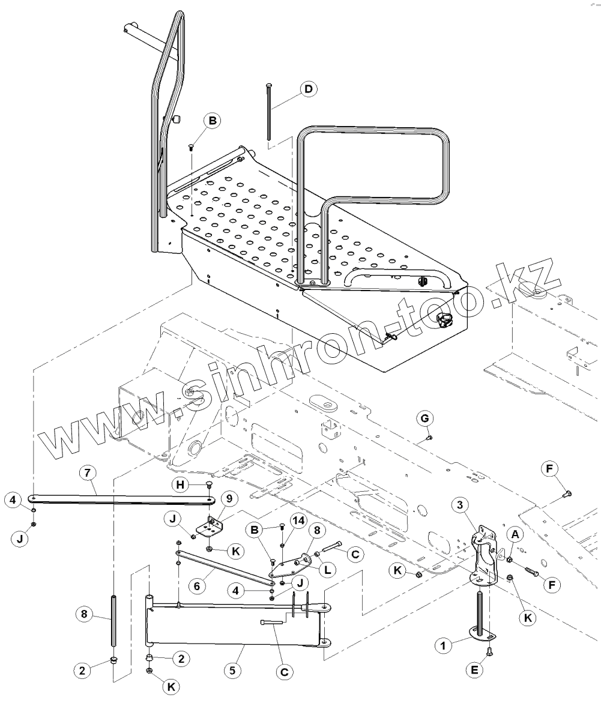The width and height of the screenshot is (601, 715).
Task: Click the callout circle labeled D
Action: (309, 89)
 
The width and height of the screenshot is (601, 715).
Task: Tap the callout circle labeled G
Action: (424, 417)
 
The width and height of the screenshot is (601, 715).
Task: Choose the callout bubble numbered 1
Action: (443, 645)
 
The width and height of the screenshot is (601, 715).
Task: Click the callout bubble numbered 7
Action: (88, 472)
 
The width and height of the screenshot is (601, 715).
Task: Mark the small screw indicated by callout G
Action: (429, 438)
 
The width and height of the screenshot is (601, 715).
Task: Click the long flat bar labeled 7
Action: (120, 497)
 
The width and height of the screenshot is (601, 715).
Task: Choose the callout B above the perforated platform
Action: (212, 121)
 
